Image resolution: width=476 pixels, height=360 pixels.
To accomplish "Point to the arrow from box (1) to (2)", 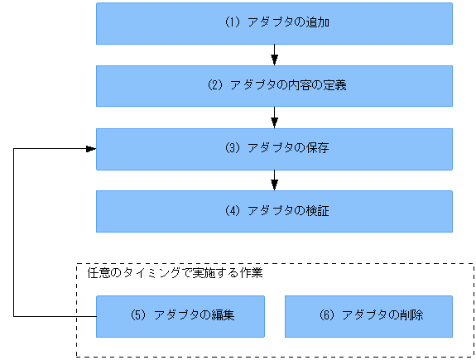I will (x=274, y=55).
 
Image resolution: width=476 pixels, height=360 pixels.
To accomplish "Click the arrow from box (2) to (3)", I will (x=274, y=118).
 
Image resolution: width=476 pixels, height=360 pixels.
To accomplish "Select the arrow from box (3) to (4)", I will (x=274, y=180).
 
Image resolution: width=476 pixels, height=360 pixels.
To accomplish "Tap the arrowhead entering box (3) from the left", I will (x=90, y=149).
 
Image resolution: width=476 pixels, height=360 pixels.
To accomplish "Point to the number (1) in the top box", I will (x=232, y=23).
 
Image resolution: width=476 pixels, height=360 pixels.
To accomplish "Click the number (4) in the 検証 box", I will (x=232, y=211).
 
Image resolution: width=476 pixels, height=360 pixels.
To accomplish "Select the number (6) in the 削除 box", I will (x=326, y=316).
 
